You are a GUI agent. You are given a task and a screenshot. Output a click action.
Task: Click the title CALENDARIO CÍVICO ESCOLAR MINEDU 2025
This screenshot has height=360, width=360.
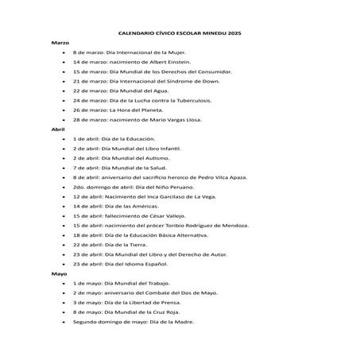179,33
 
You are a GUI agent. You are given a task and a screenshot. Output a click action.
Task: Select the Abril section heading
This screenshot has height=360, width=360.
57,129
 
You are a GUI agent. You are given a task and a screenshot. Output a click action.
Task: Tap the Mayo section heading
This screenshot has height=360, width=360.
58,273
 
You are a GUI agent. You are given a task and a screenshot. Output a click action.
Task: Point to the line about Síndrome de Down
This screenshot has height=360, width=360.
141,80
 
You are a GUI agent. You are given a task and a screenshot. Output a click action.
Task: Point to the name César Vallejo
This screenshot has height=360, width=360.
157,215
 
